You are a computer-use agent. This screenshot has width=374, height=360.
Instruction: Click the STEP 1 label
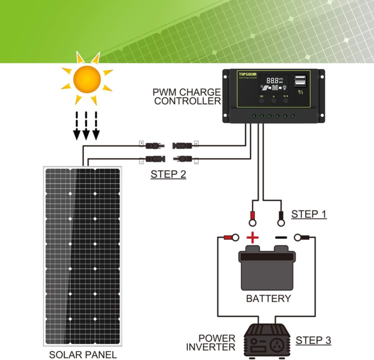pos(309,215)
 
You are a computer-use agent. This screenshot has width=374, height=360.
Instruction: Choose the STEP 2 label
pos(168,175)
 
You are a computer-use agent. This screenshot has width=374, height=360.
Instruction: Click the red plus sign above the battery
pos(252,238)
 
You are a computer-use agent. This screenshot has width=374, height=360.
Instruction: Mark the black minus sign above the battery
pos(281,238)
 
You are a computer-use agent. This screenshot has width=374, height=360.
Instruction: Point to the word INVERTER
pos(210,347)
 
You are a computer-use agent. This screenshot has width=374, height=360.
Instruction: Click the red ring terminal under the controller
pos(252,216)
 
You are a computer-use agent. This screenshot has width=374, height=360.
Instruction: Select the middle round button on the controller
pos(273,100)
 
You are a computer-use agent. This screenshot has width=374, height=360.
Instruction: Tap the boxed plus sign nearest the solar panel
pos(141,144)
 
